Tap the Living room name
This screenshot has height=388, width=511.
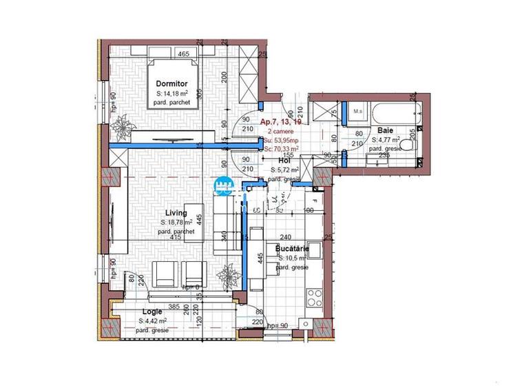click(176, 214)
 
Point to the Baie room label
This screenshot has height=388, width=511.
click(385, 130)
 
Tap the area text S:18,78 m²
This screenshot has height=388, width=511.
click(177, 223)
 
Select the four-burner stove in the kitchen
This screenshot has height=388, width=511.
click(315, 297)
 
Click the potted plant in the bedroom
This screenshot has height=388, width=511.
click(124, 126)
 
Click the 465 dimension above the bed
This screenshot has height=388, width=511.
click(183, 54)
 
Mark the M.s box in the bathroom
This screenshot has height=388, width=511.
click(357, 111)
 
